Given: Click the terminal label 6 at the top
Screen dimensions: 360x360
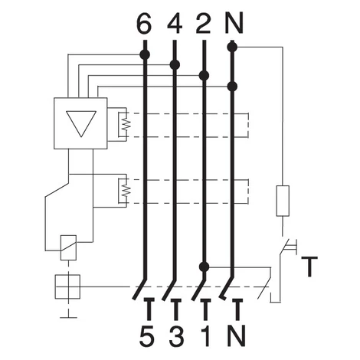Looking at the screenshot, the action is point(144,24).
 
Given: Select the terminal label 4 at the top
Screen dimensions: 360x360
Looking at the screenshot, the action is point(175,24).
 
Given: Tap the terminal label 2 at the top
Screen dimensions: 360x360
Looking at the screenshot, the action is point(204,24).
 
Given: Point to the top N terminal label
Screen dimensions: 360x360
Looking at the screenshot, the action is point(234,24).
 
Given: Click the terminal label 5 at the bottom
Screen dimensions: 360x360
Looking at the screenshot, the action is point(147,335).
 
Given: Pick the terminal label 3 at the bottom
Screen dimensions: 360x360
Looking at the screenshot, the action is point(176,335).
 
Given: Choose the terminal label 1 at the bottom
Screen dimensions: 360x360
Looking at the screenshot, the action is point(206,335).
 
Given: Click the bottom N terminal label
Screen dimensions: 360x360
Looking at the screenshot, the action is point(236,335).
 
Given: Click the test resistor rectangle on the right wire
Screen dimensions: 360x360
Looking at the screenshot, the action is point(283,201).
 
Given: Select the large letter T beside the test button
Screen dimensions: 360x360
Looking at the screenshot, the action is point(309,267).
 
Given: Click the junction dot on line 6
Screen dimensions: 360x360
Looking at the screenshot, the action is point(145,54).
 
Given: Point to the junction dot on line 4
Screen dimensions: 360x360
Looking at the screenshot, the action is point(175,64).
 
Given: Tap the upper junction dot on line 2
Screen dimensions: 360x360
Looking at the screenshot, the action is point(204,76).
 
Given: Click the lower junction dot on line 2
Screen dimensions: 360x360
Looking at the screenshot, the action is point(204,267).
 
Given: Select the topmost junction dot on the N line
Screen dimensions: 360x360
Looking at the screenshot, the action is point(232,47).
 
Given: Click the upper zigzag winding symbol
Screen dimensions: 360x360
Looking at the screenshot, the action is point(126,125).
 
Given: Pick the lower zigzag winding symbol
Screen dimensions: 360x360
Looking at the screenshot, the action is point(126,190).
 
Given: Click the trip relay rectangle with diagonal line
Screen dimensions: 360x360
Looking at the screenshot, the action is point(68,247).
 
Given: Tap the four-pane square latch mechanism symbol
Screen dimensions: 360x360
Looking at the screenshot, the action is point(68,286).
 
